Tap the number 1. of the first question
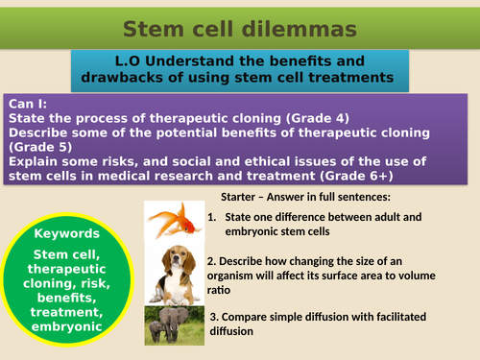click(x=213, y=217)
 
